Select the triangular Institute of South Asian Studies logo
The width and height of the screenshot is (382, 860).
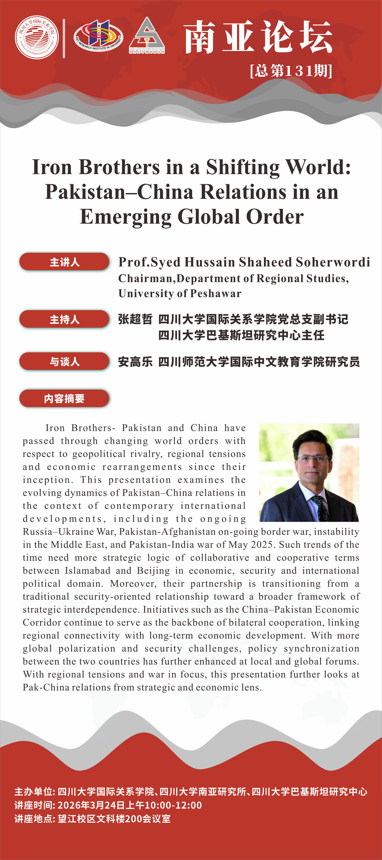pyautogui.click(x=147, y=35)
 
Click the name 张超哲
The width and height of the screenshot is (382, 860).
pyautogui.click(x=135, y=319)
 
